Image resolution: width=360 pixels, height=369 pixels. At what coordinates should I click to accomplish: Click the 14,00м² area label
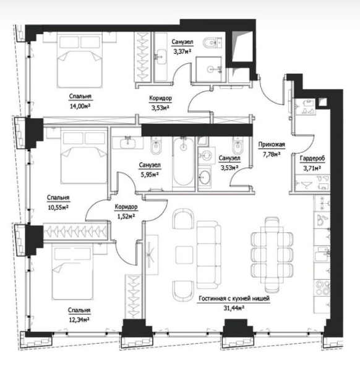(80, 106)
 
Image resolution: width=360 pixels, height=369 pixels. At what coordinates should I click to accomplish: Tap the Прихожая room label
(272, 144)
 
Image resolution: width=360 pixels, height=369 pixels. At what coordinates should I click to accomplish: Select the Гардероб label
(312, 158)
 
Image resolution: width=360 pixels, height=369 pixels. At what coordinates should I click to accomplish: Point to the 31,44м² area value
(234, 308)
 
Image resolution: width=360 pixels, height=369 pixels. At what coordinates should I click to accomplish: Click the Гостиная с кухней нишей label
(234, 298)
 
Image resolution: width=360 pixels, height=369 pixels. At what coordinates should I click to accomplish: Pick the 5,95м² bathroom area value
(149, 175)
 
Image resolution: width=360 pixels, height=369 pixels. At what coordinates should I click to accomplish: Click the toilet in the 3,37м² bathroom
(212, 43)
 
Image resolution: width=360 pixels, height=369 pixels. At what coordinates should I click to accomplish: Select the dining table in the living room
(272, 255)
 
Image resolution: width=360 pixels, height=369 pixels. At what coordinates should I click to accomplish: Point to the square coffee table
(184, 255)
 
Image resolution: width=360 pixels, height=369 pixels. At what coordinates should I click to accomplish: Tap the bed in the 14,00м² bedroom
(80, 60)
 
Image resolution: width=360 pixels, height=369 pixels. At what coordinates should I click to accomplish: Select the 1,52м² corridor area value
(126, 216)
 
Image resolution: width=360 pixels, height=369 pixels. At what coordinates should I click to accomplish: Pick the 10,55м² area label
(58, 207)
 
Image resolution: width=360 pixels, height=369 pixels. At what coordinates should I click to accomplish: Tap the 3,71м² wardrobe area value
(312, 168)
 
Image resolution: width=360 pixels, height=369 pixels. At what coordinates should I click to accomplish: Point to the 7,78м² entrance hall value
(272, 154)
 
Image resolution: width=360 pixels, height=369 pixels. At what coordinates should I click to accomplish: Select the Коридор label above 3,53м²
(160, 98)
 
